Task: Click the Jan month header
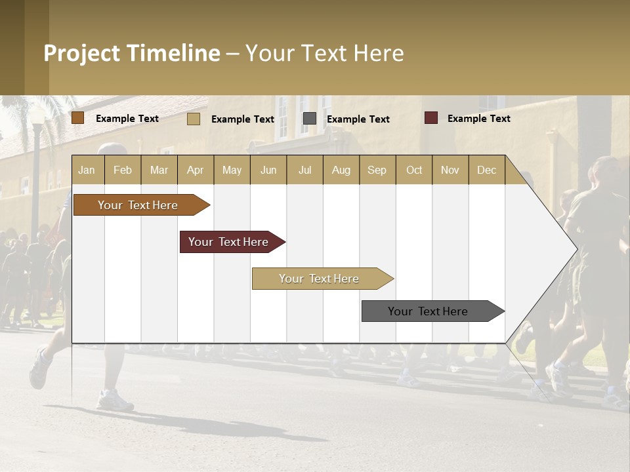pos(87,170)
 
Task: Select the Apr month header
pos(195,170)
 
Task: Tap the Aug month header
pos(341,170)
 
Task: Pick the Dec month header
pos(486,170)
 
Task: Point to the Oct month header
pos(413,170)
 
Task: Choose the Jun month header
pos(268,170)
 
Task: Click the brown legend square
pos(78,118)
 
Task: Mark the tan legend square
pos(193,119)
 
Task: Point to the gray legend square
pos(310,119)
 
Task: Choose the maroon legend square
pos(430,118)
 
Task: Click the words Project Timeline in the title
pos(131,53)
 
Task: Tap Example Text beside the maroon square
pos(478,119)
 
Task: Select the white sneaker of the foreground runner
pos(115,399)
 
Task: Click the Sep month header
pos(377,170)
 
